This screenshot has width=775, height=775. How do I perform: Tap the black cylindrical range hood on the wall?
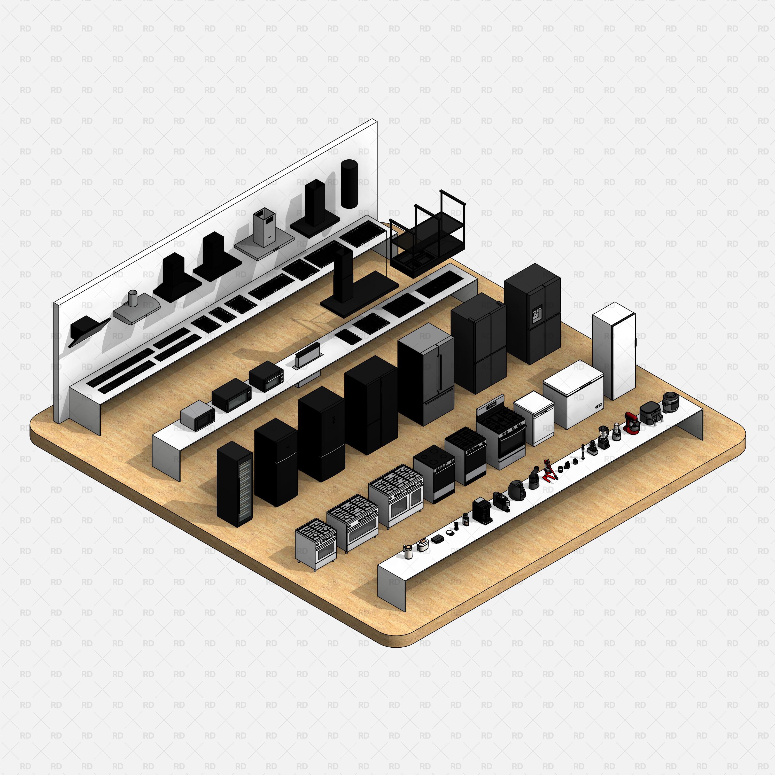coord(348,184)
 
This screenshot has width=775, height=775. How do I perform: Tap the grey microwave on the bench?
coord(197,416)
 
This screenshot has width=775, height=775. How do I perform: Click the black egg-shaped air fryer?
coord(515,489)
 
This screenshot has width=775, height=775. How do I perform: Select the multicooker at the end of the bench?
coord(670,402)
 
